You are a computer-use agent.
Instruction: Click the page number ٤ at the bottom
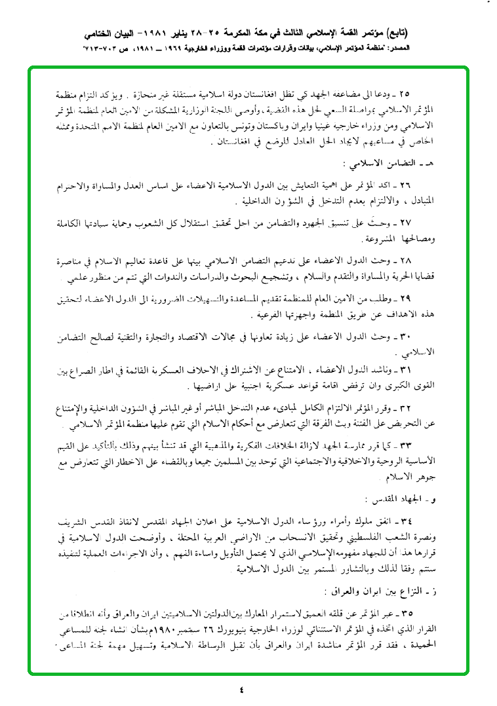(241, 690)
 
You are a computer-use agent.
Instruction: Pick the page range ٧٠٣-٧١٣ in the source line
(96, 49)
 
